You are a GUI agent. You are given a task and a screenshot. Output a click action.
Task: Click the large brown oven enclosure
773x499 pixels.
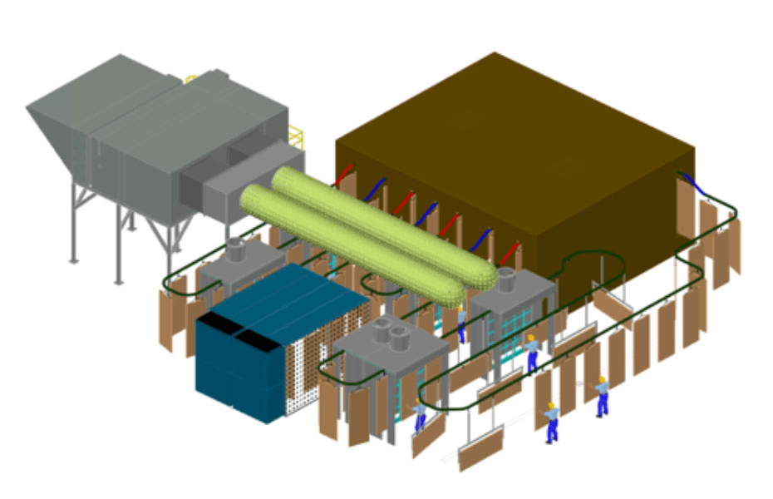tap(532, 158)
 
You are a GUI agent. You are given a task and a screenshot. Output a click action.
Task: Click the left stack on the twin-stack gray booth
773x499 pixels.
tap(383, 329)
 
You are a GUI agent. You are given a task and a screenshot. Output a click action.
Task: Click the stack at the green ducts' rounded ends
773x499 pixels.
tap(505, 278)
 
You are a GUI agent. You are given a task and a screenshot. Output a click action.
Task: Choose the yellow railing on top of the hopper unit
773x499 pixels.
tap(191, 80)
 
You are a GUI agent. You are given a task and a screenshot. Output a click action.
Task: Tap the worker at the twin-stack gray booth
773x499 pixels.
tap(421, 413)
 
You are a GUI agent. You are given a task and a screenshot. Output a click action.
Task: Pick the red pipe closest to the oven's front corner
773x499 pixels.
tap(509, 250)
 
